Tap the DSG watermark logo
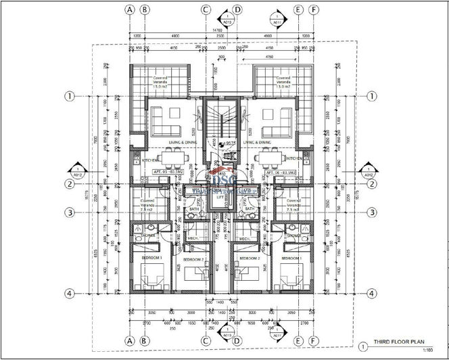tap(222, 181)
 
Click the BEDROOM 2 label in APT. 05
tap(193, 259)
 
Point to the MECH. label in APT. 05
tap(192, 238)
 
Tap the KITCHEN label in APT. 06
tap(296, 159)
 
